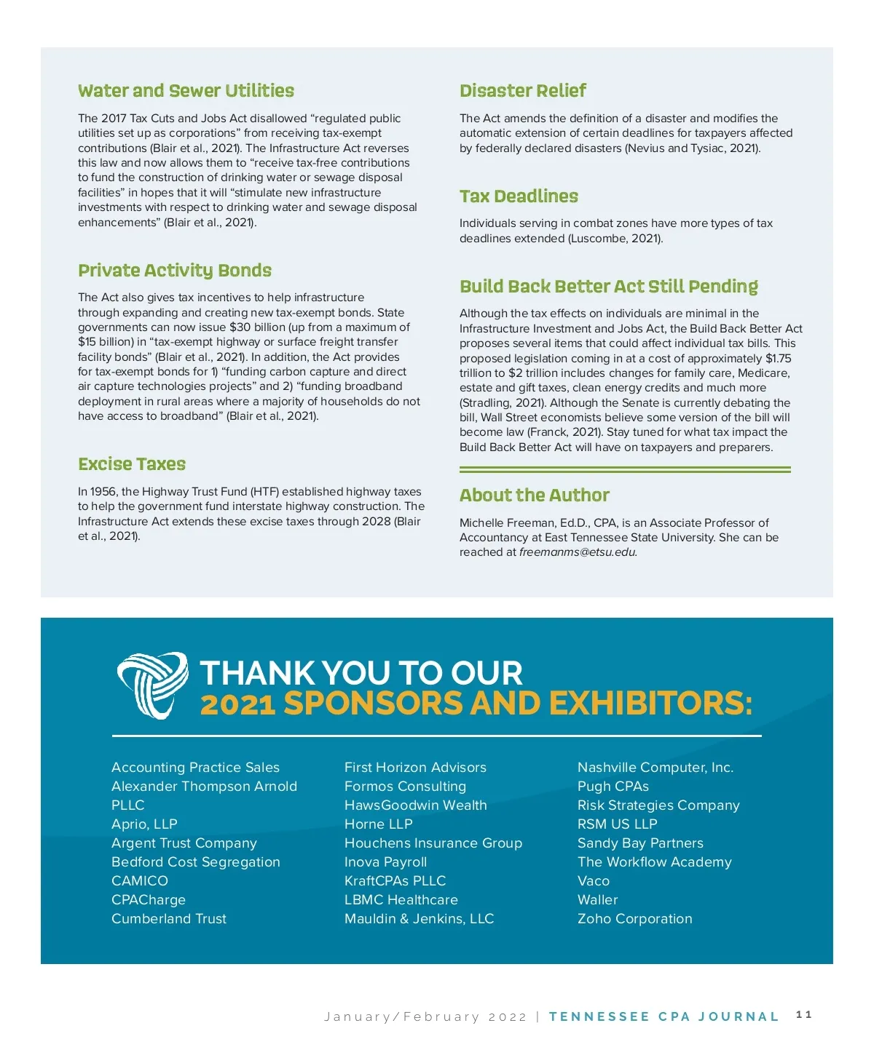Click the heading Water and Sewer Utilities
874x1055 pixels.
186,91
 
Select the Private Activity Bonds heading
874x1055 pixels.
175,271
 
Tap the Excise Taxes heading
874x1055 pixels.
132,464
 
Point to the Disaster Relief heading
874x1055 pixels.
522,91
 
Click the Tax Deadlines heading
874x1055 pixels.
519,196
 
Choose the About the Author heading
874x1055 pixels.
534,495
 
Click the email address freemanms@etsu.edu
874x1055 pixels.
578,552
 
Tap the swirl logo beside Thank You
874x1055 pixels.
152,685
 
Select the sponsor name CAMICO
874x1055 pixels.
140,881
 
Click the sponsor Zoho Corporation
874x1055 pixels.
634,919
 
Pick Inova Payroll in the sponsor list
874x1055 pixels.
385,862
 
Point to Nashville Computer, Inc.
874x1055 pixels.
655,768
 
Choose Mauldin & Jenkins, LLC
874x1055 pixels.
419,919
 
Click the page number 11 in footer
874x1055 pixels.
804,1015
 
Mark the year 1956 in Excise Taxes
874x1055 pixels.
104,492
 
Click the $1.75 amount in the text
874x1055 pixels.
778,359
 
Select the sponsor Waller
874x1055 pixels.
597,900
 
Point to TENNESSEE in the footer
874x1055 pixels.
599,1016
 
